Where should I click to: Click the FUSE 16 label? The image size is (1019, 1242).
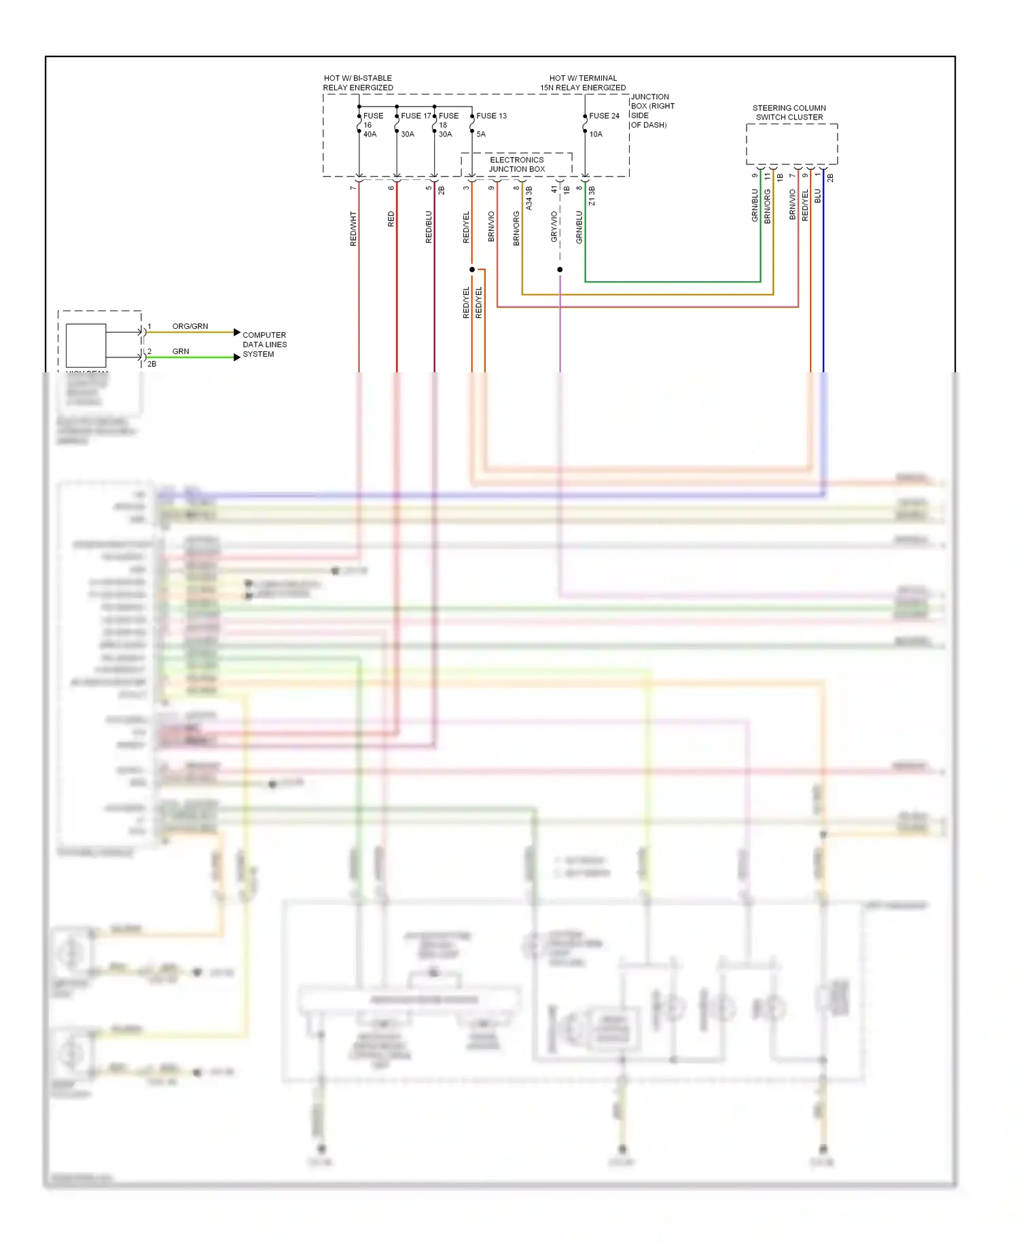(x=373, y=120)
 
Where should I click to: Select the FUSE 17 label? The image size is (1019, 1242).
(x=416, y=116)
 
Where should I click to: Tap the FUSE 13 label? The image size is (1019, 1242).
(x=491, y=116)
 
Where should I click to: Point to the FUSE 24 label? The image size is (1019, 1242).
(x=604, y=116)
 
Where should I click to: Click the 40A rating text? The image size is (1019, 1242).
(x=370, y=135)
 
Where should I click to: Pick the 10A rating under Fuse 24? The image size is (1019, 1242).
(x=596, y=135)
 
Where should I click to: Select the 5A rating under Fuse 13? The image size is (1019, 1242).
(x=481, y=135)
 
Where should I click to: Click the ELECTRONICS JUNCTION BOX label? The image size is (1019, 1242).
(x=517, y=164)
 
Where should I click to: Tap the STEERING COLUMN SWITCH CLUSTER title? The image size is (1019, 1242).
(x=789, y=113)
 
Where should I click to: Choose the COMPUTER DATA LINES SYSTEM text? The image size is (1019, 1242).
(x=264, y=344)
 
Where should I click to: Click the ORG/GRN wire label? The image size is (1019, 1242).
(x=190, y=326)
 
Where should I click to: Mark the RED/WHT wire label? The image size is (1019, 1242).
(x=353, y=228)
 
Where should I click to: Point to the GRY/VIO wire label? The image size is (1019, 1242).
(x=554, y=226)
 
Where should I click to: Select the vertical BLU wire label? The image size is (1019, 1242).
(x=818, y=196)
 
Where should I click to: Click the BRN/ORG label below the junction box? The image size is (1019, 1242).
(x=516, y=228)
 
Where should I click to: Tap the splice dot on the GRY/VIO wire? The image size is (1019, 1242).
(x=560, y=270)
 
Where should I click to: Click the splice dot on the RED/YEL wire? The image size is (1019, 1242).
(x=472, y=270)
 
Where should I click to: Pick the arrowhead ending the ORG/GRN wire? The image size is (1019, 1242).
(x=236, y=332)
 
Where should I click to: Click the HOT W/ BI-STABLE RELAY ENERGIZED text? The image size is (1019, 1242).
(x=358, y=83)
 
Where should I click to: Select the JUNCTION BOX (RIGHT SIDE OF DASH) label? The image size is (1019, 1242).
(x=652, y=111)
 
